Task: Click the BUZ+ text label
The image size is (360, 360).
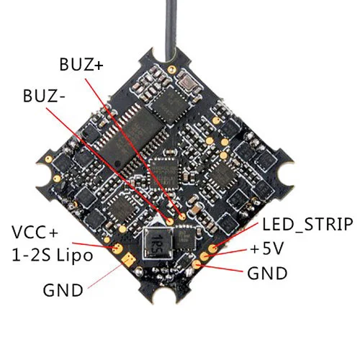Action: (81, 64)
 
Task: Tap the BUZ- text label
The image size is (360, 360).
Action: (44, 96)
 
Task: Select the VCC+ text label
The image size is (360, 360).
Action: (35, 232)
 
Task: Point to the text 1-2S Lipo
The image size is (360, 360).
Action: (52, 256)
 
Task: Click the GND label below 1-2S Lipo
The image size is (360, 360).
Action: (63, 290)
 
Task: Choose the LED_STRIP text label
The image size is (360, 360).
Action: (307, 225)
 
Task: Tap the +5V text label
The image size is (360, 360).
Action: (267, 248)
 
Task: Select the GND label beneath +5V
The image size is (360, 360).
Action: (267, 273)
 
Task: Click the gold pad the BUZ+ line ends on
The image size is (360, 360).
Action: (183, 217)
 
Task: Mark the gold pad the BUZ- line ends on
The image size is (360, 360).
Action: (170, 221)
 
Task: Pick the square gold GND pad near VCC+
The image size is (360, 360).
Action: (129, 258)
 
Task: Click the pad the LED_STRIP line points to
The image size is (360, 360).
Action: (212, 248)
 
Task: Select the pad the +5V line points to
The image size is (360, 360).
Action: (204, 256)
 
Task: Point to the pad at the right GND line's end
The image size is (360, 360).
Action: (197, 264)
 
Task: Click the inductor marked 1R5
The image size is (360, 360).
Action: (158, 243)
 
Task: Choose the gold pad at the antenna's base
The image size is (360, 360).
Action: (171, 69)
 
